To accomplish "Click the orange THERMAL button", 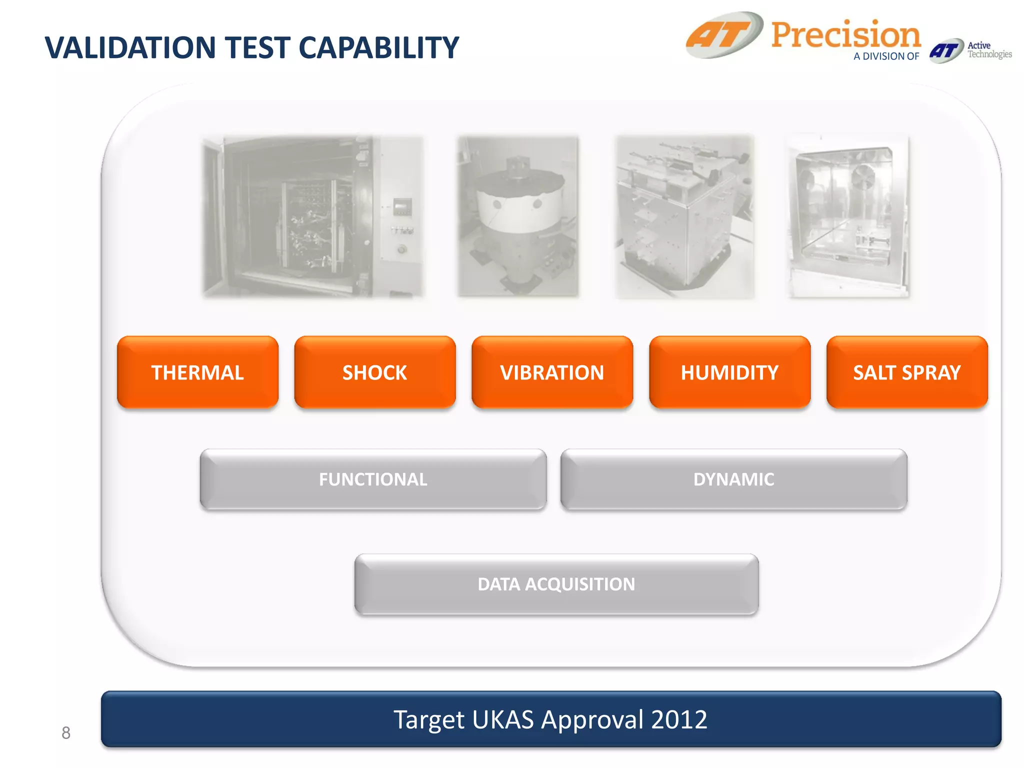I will (x=197, y=372).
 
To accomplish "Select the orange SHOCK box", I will (x=374, y=372).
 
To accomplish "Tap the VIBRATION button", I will (x=552, y=372).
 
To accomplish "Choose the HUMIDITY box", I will (x=729, y=372).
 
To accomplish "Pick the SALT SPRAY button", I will (x=906, y=372).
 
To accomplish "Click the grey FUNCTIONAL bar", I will (x=373, y=479).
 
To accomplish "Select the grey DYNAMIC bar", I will (x=733, y=479).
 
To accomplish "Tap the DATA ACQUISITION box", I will (x=556, y=584).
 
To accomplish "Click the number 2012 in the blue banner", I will (x=679, y=719).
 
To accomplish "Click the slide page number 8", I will (x=66, y=733).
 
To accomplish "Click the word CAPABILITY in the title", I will (x=378, y=48).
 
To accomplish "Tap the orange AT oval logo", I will (x=724, y=35).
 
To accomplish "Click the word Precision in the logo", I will (x=845, y=35).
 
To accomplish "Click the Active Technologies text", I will (x=989, y=50).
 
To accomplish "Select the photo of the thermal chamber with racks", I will (x=313, y=216).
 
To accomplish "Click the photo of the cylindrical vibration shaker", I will (x=518, y=216).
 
